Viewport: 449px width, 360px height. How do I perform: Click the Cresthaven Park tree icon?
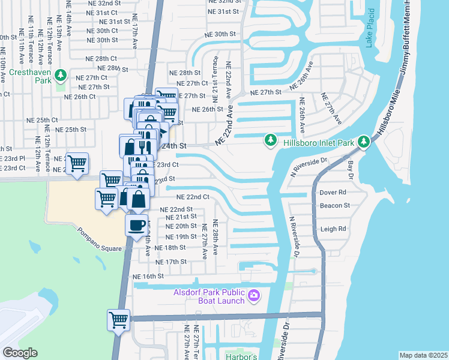tap(59, 75)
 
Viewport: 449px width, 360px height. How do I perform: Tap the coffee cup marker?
tap(136, 226)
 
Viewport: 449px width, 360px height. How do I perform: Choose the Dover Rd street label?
tap(333, 193)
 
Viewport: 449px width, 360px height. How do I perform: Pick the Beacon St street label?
tap(334, 205)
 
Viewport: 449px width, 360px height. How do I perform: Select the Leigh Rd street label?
tap(333, 229)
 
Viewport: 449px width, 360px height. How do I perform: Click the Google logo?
tap(20, 353)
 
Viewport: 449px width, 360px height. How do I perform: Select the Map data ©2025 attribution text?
tap(423, 355)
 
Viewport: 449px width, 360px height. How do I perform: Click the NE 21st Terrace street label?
tap(215, 76)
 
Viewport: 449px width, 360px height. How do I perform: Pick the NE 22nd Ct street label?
tap(192, 197)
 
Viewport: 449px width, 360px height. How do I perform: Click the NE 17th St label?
tap(171, 262)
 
